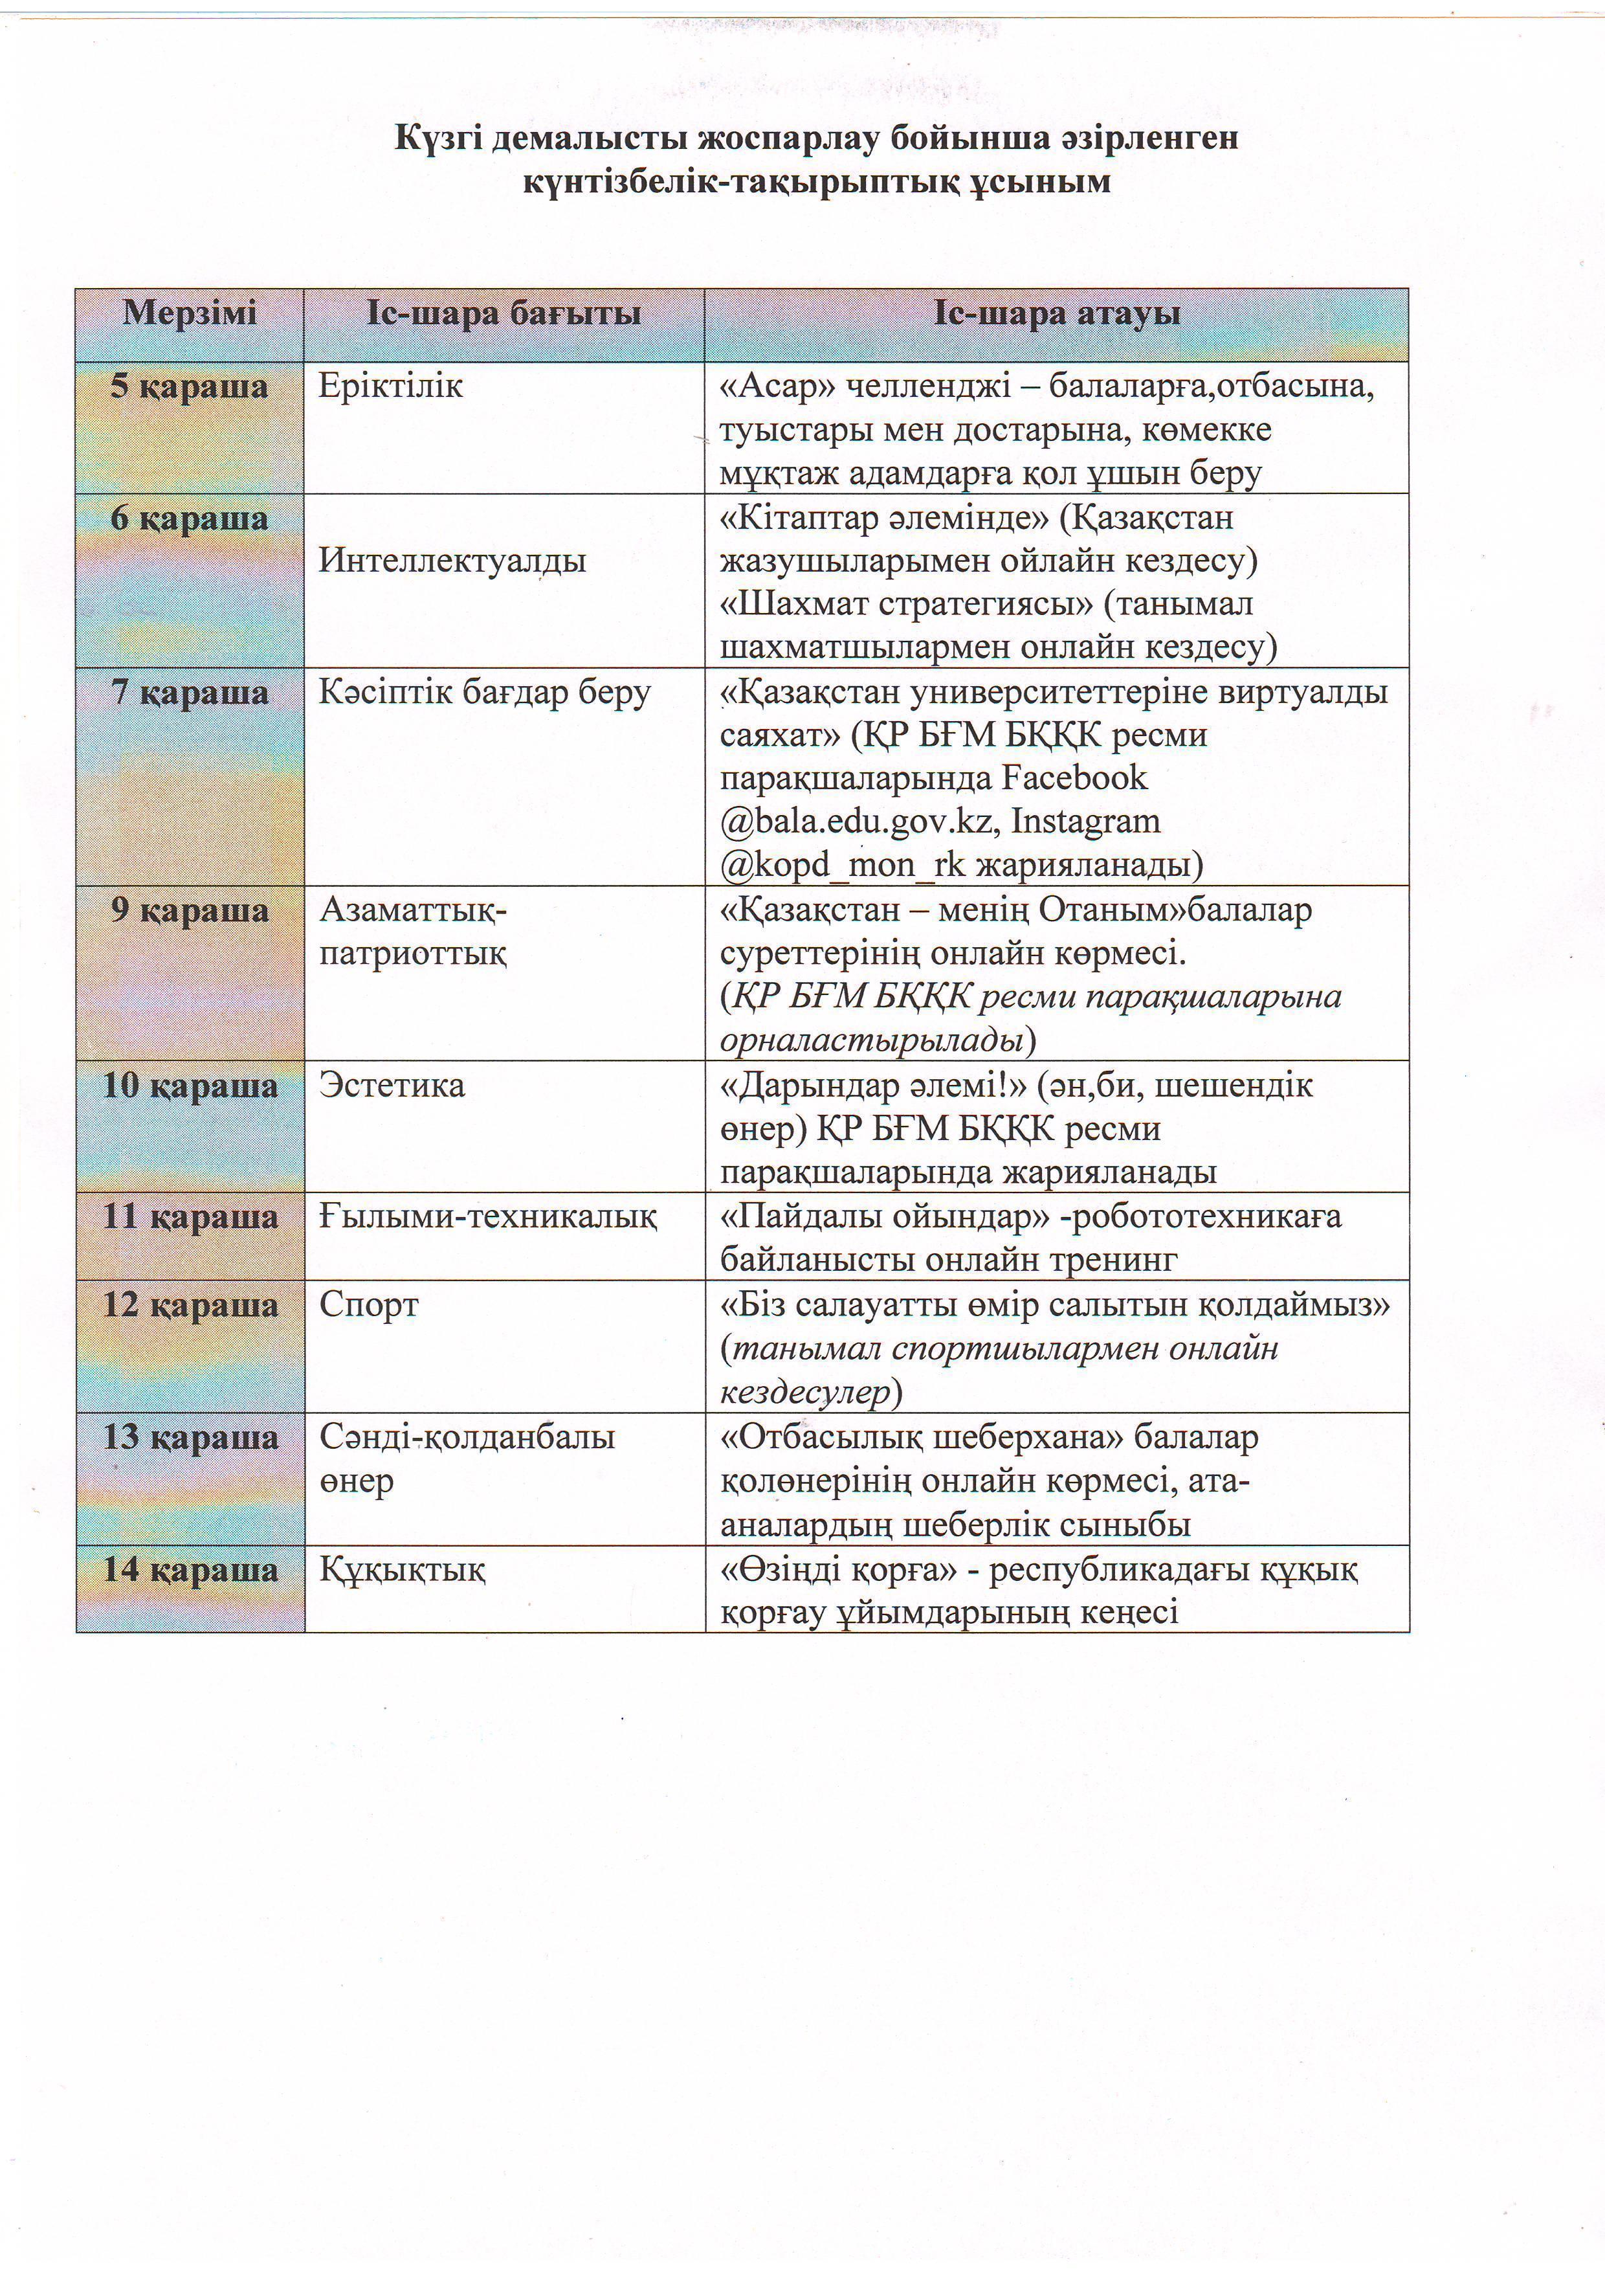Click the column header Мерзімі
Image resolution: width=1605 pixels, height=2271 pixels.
pyautogui.click(x=189, y=315)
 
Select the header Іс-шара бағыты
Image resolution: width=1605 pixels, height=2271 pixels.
pyautogui.click(x=504, y=315)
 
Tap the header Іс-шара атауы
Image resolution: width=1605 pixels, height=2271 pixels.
pyautogui.click(x=1056, y=315)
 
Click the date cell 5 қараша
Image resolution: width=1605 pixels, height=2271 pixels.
pyautogui.click(x=189, y=386)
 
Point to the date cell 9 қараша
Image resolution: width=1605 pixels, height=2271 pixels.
pyautogui.click(x=189, y=910)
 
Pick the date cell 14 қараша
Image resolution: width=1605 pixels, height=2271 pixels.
pyautogui.click(x=190, y=1570)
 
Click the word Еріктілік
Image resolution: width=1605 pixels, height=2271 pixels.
pyautogui.click(x=391, y=386)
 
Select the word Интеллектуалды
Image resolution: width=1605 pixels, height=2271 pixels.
pyautogui.click(x=452, y=561)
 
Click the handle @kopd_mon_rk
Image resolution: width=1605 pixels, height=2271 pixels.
pyautogui.click(x=843, y=866)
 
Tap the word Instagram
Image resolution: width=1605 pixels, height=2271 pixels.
pyautogui.click(x=1086, y=822)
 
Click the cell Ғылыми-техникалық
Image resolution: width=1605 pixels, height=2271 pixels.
pyautogui.click(x=487, y=1216)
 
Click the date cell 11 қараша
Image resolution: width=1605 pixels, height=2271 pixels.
pyautogui.click(x=190, y=1216)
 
